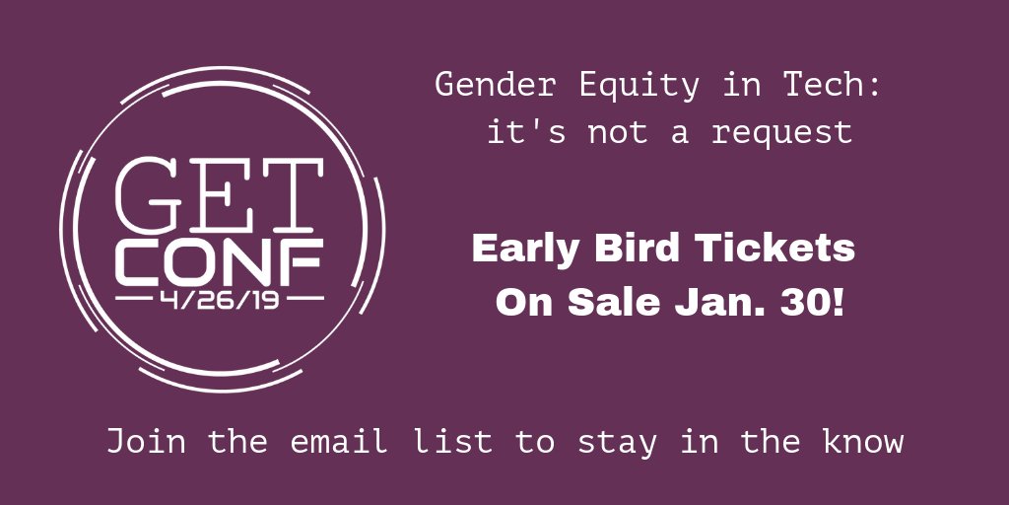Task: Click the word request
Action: point(781,132)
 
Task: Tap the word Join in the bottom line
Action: point(147,441)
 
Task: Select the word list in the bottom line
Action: point(451,441)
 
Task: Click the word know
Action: point(862,441)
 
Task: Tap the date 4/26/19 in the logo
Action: point(220,297)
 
